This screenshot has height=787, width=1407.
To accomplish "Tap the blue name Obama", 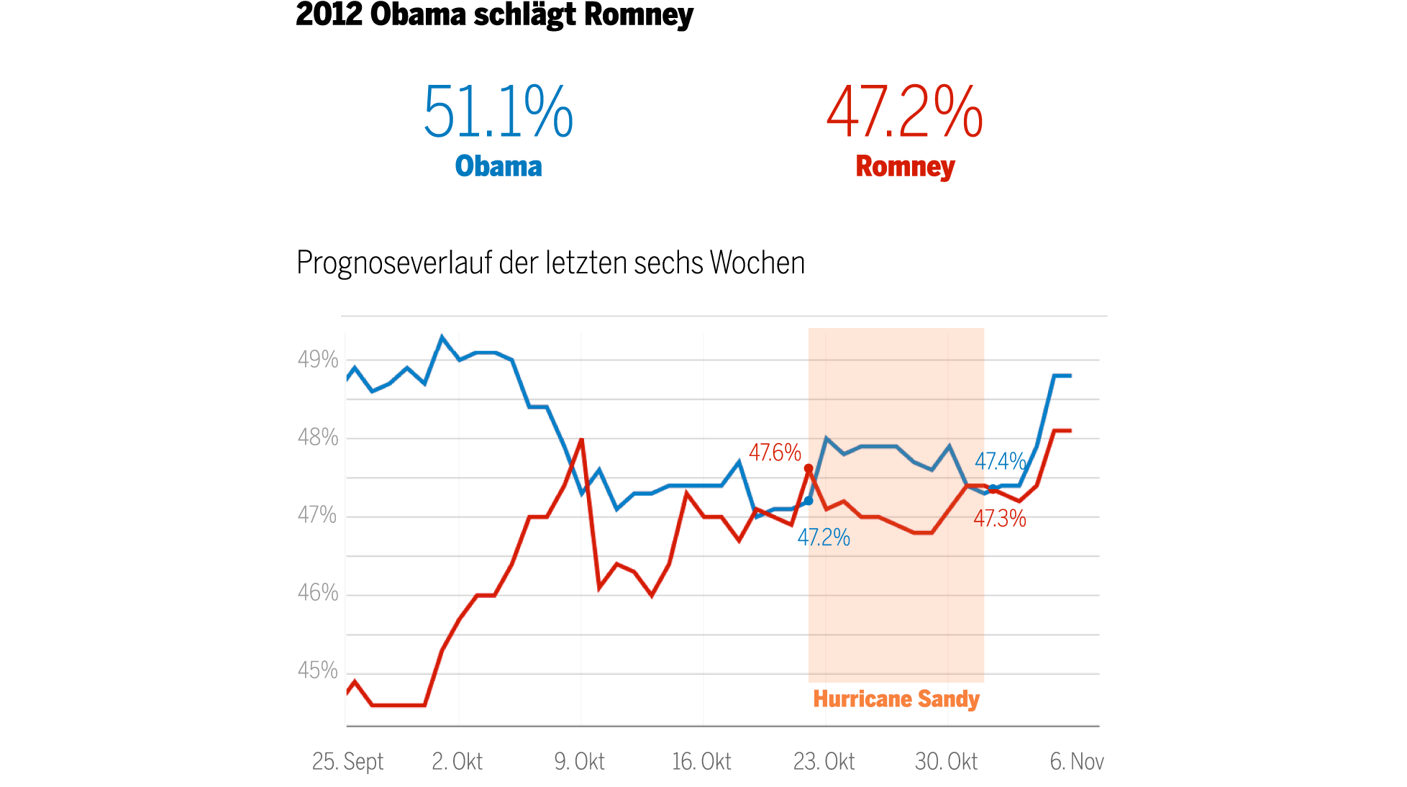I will click(498, 166).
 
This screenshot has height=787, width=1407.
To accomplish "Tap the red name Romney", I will click(905, 166).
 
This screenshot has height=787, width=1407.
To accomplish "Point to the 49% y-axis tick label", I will click(318, 359).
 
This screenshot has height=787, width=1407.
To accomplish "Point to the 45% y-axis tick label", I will click(318, 670).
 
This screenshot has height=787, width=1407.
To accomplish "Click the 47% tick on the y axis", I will click(317, 515).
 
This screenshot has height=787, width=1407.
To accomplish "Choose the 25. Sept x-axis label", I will click(347, 761).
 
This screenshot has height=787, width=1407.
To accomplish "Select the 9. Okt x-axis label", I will click(579, 761).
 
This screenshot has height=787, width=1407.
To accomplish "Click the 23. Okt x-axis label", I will click(824, 761).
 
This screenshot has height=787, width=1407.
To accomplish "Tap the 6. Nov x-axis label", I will click(1076, 761).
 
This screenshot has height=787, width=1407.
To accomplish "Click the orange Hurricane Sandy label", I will click(896, 699).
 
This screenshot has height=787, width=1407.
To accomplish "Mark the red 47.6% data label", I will click(775, 452).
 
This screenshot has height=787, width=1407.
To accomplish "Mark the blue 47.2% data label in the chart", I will click(824, 537).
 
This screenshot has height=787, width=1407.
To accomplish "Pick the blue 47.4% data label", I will click(1000, 461).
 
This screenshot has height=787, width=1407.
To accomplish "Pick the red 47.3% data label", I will click(1000, 519).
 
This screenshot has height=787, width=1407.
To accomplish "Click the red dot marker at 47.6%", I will click(809, 468).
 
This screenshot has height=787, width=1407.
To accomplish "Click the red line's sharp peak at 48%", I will click(581, 439).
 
